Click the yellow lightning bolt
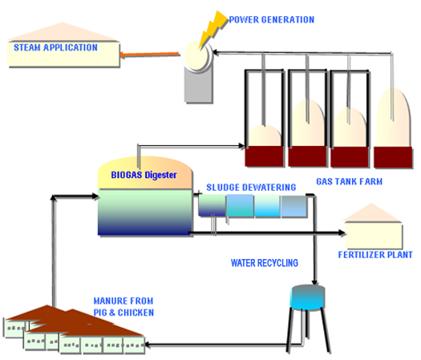click(x=213, y=30)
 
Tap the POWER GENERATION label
click(x=272, y=19)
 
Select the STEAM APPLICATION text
click(x=55, y=47)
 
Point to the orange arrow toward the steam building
click(x=150, y=55)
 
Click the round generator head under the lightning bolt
click(x=198, y=56)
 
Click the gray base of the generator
click(x=199, y=85)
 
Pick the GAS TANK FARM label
click(x=350, y=181)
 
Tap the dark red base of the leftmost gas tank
click(x=264, y=156)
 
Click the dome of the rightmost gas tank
click(x=394, y=117)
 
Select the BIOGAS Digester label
click(x=144, y=175)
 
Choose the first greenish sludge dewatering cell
click(x=212, y=205)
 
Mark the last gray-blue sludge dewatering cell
click(x=293, y=206)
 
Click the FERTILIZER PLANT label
click(x=375, y=254)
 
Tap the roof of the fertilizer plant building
click(x=372, y=212)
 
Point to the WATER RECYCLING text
click(x=265, y=263)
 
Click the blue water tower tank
click(x=308, y=297)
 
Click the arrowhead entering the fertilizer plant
click(x=342, y=233)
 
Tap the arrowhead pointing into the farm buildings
click(x=148, y=345)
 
